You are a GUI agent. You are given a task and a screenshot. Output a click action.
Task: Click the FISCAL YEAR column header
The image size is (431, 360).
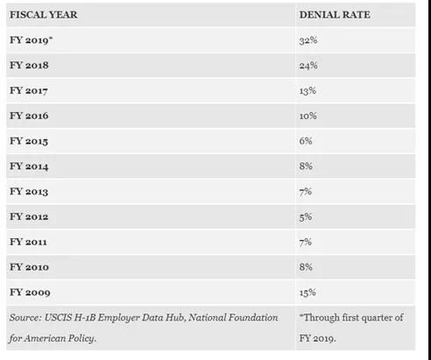tap(44, 15)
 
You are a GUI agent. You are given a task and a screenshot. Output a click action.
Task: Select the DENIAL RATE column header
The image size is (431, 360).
tap(335, 15)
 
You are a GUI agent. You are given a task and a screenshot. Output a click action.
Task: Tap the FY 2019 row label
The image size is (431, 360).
tap(31, 40)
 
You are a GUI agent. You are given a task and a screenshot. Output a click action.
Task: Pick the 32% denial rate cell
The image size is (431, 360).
tap(308, 40)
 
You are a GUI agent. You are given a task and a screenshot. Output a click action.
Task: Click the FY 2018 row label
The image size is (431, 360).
tap(29, 65)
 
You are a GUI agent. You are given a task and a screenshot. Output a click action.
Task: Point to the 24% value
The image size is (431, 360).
tap(308, 65)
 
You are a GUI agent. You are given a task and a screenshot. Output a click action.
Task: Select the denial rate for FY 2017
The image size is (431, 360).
tap(307, 90)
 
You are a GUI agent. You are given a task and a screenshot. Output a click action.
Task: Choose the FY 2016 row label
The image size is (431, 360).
tap(29, 116)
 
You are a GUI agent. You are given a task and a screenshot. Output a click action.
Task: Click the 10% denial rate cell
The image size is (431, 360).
tap(307, 116)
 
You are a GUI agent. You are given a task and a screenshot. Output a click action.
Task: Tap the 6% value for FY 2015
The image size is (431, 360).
tap(306, 141)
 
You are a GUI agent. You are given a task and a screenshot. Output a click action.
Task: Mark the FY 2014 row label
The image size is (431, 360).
tap(29, 166)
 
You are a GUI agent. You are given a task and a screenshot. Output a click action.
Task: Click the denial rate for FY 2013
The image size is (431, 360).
tap(305, 192)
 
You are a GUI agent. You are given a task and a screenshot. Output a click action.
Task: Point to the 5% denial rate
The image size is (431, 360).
tap(306, 216)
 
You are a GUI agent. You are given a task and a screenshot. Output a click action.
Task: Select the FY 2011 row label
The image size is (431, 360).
tap(28, 242)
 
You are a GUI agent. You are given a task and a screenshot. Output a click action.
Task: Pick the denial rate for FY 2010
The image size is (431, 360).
tap(306, 267)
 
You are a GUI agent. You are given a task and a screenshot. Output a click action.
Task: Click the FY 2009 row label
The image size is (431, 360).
tap(30, 293)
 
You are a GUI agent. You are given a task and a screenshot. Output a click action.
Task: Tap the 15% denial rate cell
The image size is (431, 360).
tap(307, 293)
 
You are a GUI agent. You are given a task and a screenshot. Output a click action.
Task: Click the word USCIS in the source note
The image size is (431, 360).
tap(58, 317)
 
